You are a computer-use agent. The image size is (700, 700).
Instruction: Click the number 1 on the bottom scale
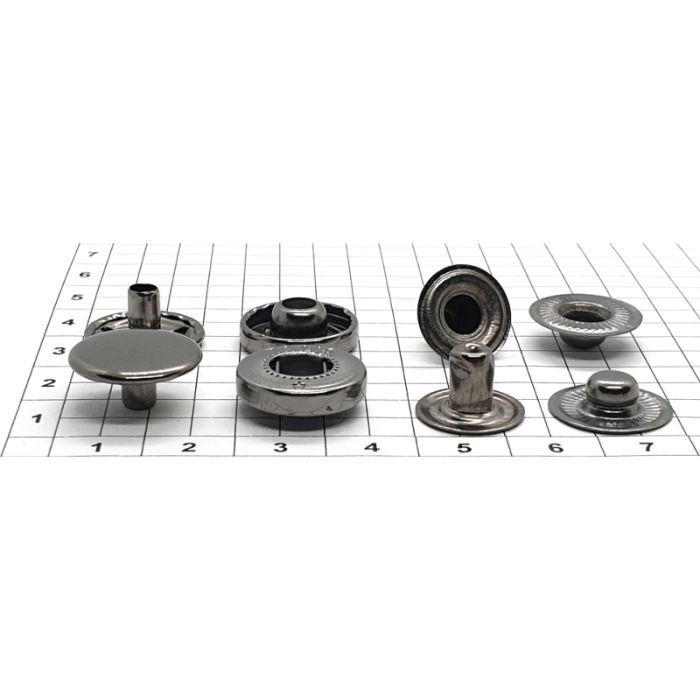97,447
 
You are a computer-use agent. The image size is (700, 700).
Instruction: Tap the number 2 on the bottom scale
189,447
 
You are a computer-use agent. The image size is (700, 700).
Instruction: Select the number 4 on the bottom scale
372,447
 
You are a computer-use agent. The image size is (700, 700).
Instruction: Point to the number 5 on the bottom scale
464,447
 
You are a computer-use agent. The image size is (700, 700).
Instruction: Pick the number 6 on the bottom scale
555,447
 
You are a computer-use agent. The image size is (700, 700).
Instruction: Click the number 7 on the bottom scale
647,446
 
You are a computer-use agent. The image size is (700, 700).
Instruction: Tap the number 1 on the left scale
38,418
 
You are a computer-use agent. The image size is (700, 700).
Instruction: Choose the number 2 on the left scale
49,383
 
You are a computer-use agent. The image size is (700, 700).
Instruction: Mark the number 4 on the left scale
68,322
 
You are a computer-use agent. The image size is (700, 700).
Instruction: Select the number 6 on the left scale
85,274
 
